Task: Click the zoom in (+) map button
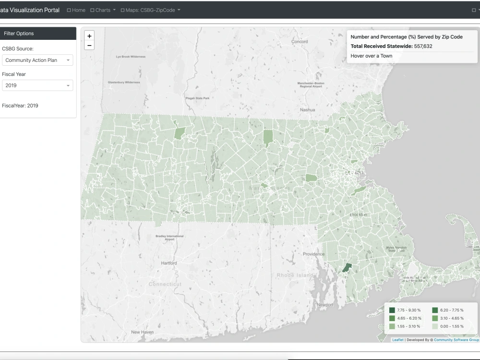tap(89, 36)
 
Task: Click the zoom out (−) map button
tap(89, 46)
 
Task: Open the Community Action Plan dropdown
tap(37, 60)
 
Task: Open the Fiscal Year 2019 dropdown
tap(37, 85)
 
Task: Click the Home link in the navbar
tap(76, 10)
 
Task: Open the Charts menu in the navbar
tap(103, 10)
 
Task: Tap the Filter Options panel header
tap(38, 34)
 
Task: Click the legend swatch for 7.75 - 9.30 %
tap(392, 310)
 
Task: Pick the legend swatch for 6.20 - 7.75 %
tap(434, 310)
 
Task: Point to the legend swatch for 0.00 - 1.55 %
tap(434, 326)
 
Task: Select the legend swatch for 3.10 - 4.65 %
tap(434, 318)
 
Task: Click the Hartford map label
tap(169, 263)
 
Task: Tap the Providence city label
tap(313, 254)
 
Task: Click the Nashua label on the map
tap(307, 110)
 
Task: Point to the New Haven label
tap(142, 332)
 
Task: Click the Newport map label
tap(325, 305)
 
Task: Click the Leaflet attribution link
tap(397, 340)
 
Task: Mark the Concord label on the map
tap(300, 42)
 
